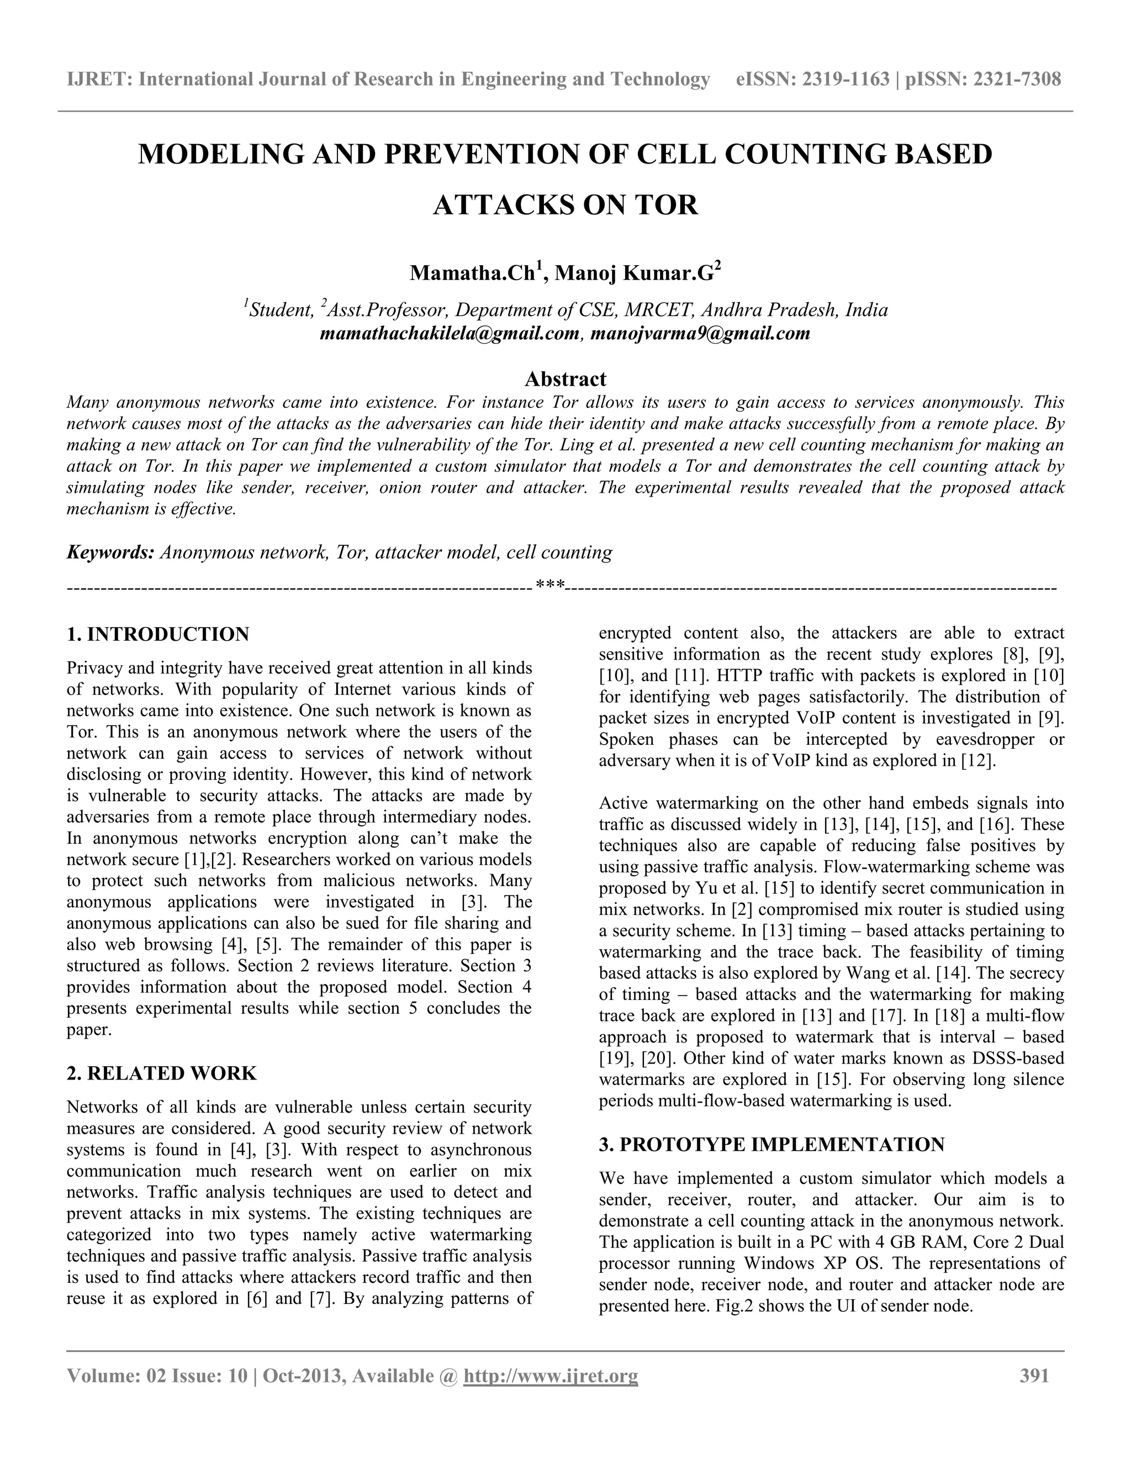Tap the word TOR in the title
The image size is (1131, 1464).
pos(666,204)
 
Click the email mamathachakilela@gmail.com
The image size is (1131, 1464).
pos(450,333)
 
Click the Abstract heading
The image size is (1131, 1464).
pos(565,379)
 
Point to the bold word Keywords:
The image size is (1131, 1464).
pos(110,552)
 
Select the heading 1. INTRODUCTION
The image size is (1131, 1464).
pos(158,634)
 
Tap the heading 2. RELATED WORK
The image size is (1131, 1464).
pos(161,1073)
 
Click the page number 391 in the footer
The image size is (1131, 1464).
pos(1034,1376)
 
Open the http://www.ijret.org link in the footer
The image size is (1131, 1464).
pos(551,1376)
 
